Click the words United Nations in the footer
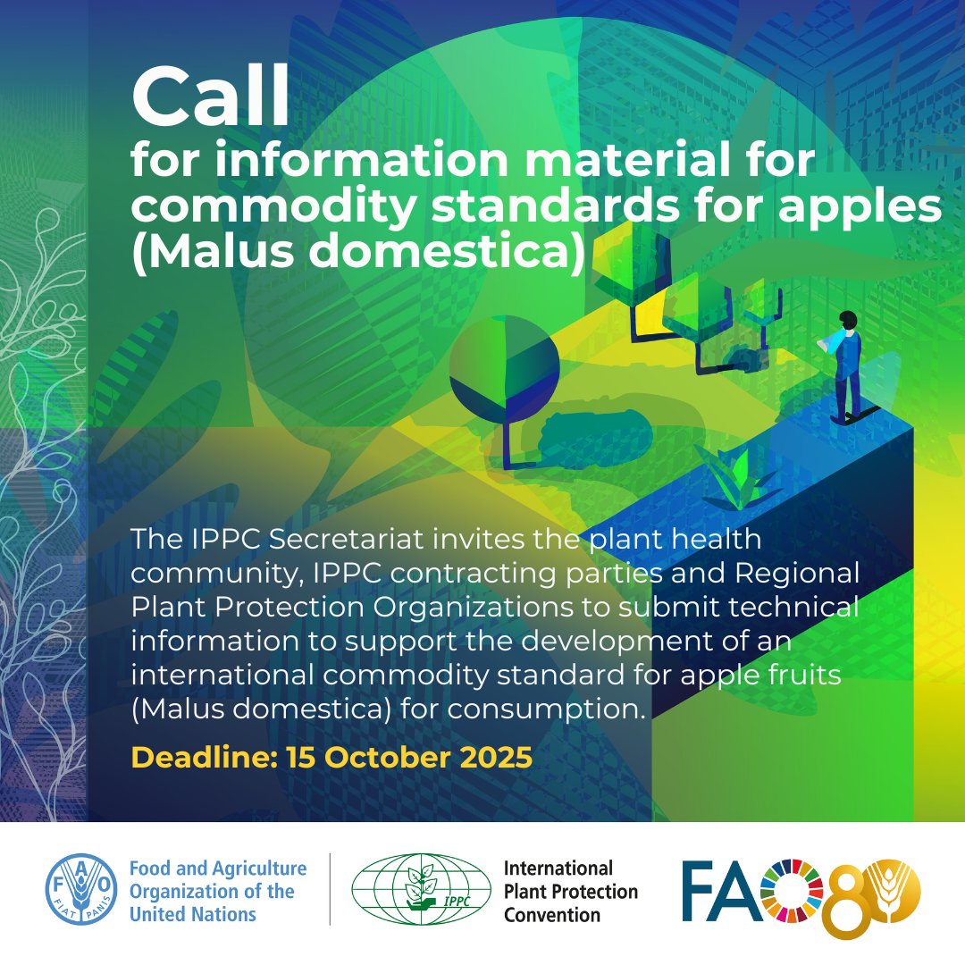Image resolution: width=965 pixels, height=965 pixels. (x=193, y=914)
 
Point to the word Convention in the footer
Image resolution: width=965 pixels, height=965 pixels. (x=552, y=914)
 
